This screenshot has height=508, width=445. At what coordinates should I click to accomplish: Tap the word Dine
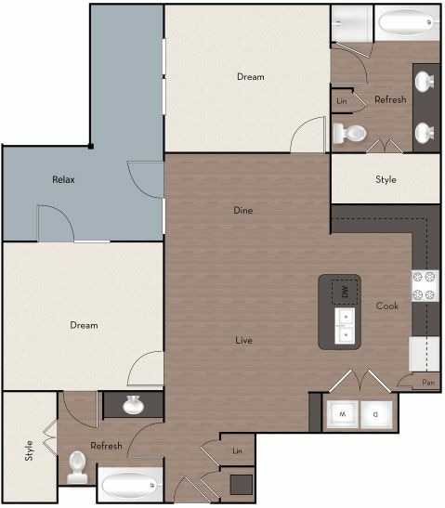[242, 211]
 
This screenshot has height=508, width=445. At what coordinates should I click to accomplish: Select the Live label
[243, 340]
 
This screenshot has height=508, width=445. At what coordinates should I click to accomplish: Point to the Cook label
[387, 306]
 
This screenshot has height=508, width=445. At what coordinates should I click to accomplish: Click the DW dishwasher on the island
[345, 293]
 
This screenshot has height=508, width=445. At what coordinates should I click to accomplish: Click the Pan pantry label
[427, 382]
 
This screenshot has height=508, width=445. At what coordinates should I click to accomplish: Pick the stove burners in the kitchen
[425, 286]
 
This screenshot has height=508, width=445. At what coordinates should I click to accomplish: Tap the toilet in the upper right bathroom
[349, 133]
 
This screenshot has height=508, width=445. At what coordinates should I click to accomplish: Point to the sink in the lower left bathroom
[133, 405]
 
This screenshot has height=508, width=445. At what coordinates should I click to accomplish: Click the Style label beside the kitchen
[386, 179]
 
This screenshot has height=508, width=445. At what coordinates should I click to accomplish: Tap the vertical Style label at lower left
[28, 452]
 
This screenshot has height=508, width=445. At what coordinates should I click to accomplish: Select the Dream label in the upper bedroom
[250, 77]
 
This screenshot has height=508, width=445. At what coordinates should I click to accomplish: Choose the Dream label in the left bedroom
[84, 325]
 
